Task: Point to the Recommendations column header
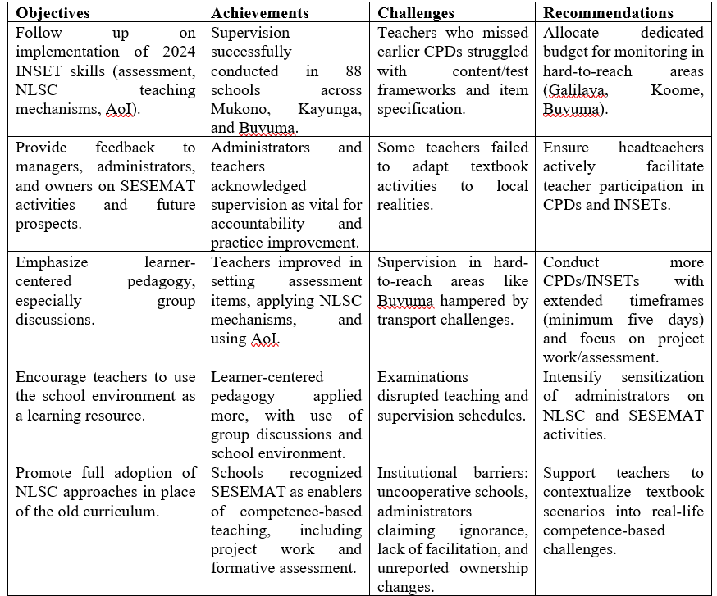coord(608,12)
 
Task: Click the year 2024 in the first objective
coord(173,52)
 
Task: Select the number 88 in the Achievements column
coord(349,71)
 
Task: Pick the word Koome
coord(678,90)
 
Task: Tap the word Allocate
coord(571,33)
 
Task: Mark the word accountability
coord(261,224)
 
